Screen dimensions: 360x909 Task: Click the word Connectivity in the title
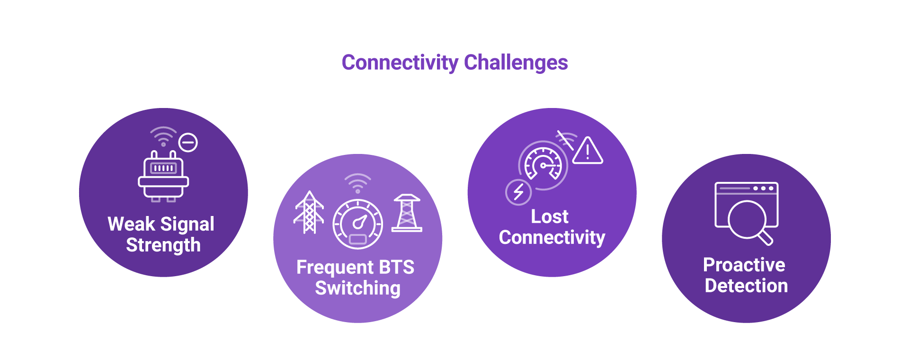pos(400,63)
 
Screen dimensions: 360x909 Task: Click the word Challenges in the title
pos(516,63)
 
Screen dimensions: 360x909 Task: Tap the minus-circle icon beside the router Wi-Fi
pos(188,143)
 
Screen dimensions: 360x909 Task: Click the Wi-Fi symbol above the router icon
pos(163,136)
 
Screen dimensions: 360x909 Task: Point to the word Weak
pos(131,224)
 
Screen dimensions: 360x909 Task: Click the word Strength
pos(163,245)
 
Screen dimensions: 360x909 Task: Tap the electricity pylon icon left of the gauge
pos(309,213)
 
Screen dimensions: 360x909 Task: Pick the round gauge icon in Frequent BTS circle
pos(358,224)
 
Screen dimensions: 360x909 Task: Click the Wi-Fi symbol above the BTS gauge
pos(358,183)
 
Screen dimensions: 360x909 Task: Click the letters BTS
pos(396,268)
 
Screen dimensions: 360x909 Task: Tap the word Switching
pos(358,288)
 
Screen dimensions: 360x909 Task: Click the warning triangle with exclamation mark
pos(588,151)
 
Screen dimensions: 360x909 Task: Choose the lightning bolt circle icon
pos(518,192)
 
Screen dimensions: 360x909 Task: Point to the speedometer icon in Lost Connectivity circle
pos(543,165)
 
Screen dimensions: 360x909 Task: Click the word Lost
pos(550,216)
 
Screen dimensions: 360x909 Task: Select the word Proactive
pos(744,265)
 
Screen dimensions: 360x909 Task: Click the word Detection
pos(746,286)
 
